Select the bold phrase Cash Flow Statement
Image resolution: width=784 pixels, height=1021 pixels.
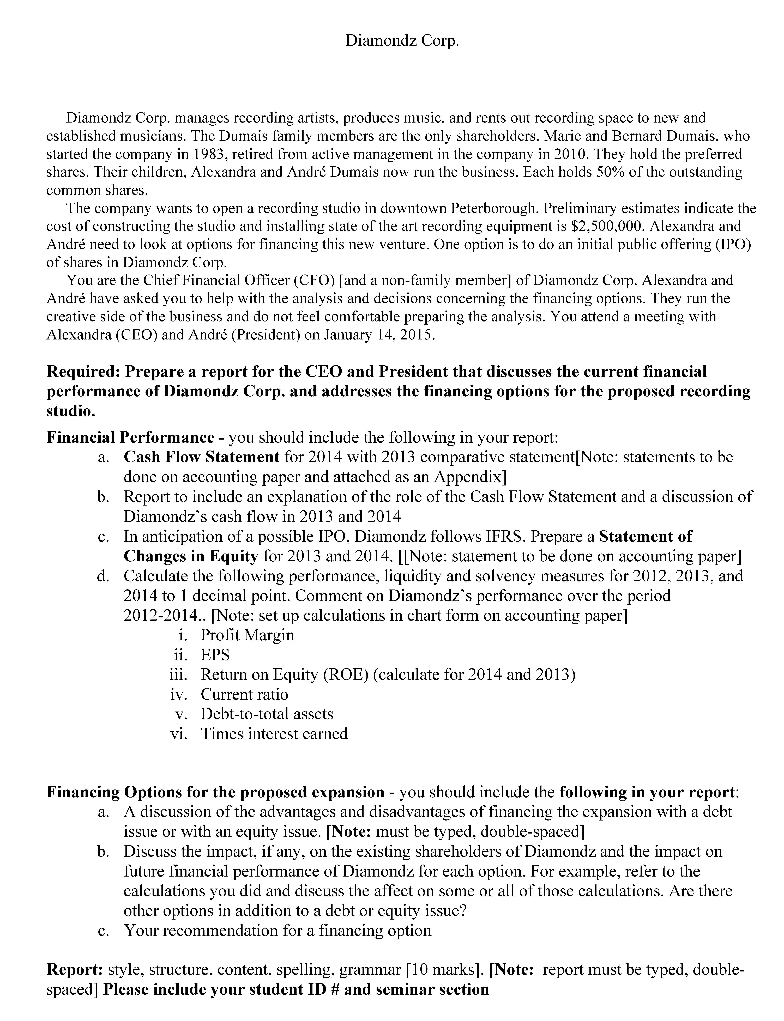[202, 457]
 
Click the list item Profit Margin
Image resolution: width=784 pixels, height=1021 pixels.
[247, 635]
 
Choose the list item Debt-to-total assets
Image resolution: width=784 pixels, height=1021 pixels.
[267, 714]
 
